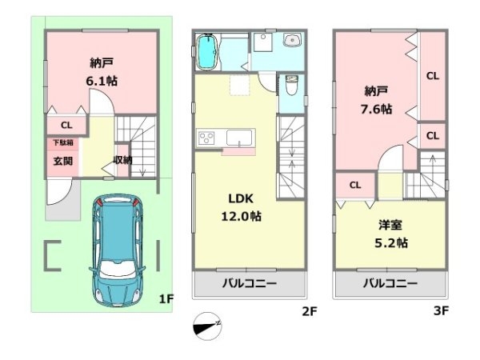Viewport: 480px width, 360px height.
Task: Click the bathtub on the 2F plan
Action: [x=207, y=52]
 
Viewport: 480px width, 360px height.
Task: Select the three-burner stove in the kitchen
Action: [x=207, y=138]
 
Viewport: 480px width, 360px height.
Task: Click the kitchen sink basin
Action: [x=239, y=138]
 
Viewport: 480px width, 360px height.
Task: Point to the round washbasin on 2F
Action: [x=292, y=40]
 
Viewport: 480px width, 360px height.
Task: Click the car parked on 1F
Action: [x=118, y=250]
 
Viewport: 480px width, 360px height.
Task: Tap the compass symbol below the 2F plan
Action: [x=207, y=326]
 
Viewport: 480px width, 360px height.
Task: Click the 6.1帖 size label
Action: [x=102, y=81]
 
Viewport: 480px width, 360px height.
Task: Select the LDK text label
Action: [x=241, y=198]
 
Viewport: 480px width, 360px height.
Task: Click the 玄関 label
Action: [x=63, y=161]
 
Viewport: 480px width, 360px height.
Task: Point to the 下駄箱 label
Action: [x=63, y=142]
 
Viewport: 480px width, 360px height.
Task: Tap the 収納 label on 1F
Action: [x=122, y=160]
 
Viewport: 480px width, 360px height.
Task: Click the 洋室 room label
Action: [x=390, y=225]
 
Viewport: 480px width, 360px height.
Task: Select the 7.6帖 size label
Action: [x=376, y=109]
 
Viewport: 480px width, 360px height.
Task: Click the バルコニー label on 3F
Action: [x=390, y=283]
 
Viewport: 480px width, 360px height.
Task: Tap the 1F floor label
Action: [x=166, y=298]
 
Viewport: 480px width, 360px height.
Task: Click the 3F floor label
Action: [x=441, y=310]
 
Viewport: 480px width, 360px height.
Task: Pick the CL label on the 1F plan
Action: [x=66, y=126]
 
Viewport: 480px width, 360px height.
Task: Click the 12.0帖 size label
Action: [x=242, y=217]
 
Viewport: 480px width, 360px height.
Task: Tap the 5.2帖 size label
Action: [x=391, y=243]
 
